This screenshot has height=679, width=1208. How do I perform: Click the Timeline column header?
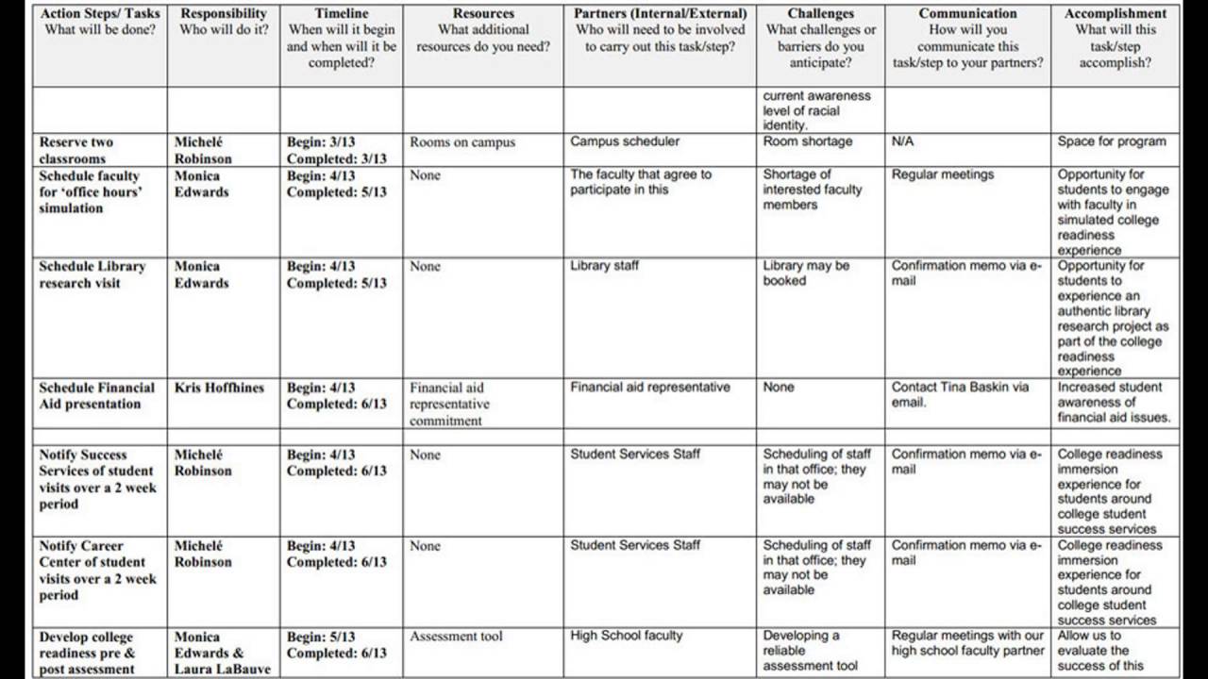341,14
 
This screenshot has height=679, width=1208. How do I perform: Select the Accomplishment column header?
1115,14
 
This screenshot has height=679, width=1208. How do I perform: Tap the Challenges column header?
820,14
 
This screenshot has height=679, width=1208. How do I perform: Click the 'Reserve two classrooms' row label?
76,150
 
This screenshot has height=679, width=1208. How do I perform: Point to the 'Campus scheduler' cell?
625,141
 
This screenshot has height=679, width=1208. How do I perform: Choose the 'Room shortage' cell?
807,141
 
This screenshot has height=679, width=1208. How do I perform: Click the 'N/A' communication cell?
902,141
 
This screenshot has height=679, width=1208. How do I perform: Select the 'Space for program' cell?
1112,141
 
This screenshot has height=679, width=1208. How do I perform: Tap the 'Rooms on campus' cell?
462,142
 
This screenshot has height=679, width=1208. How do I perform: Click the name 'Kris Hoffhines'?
219,388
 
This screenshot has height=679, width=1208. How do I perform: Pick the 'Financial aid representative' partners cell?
649,387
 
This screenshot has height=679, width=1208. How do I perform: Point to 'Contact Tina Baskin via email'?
960,394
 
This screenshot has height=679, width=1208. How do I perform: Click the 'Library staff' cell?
604,266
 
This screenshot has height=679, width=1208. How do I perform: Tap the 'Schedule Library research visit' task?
92,274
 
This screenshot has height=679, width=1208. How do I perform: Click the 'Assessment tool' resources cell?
456,637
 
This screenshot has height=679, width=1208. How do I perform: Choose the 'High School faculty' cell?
626,636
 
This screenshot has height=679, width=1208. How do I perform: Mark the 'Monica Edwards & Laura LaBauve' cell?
222,653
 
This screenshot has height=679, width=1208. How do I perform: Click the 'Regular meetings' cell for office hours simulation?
943,174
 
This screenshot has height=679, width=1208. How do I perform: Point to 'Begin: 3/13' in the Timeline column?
321,142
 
